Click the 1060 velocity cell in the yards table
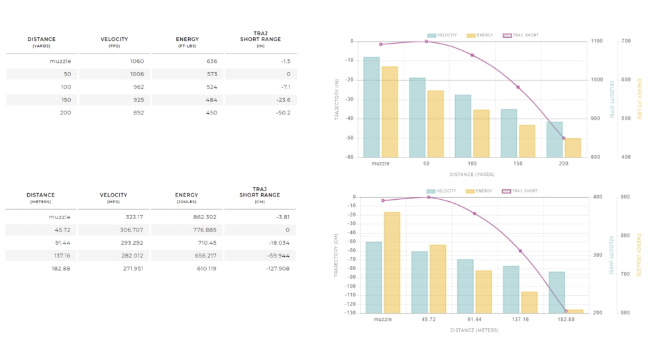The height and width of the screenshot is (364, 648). tap(136, 62)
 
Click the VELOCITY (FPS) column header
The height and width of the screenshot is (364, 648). tap(114, 42)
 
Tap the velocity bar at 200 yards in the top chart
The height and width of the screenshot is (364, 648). tap(555, 140)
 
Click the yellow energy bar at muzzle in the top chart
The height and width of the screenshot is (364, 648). tap(390, 112)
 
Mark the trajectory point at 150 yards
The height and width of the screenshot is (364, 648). tap(518, 87)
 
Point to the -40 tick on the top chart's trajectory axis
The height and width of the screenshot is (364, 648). tap(349, 118)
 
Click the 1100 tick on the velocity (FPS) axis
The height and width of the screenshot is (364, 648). tap(597, 41)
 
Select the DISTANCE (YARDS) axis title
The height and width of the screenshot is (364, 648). tap(472, 175)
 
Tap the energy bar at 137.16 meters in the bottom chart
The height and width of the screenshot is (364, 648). tap(529, 302)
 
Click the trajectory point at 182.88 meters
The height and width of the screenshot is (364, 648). tap(566, 311)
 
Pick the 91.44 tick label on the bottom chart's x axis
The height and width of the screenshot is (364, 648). tap(474, 319)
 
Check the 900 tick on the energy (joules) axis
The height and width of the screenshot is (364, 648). tap(625, 197)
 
